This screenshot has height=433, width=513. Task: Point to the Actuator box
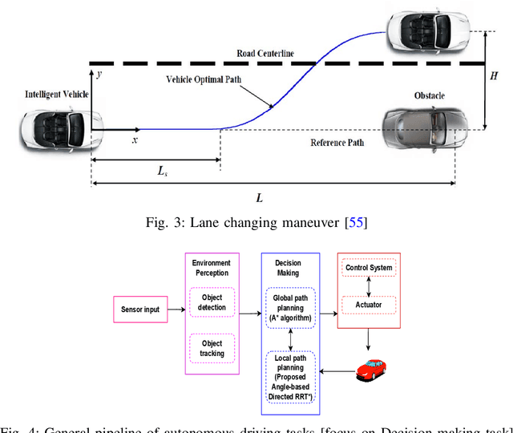(x=369, y=306)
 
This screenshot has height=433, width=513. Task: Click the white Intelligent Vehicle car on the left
(x=54, y=127)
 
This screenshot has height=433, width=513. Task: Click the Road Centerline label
(x=265, y=53)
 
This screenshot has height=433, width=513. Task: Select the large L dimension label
(x=259, y=197)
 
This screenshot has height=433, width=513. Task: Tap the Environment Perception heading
(x=211, y=266)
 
